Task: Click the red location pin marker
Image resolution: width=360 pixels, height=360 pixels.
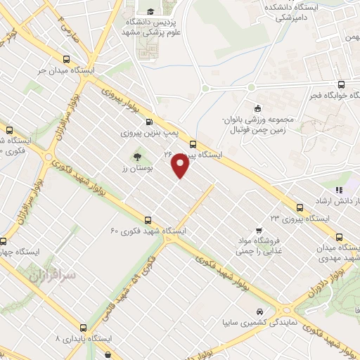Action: pyautogui.click(x=181, y=166)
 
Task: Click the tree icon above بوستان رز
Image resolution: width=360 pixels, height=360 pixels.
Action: pyautogui.click(x=136, y=157)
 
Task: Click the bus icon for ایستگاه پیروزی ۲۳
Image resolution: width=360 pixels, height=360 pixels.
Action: pyautogui.click(x=300, y=207)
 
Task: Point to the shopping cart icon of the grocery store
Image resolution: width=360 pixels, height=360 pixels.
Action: pyautogui.click(x=259, y=229)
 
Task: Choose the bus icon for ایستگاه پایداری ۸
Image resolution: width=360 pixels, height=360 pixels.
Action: pyautogui.click(x=84, y=327)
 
